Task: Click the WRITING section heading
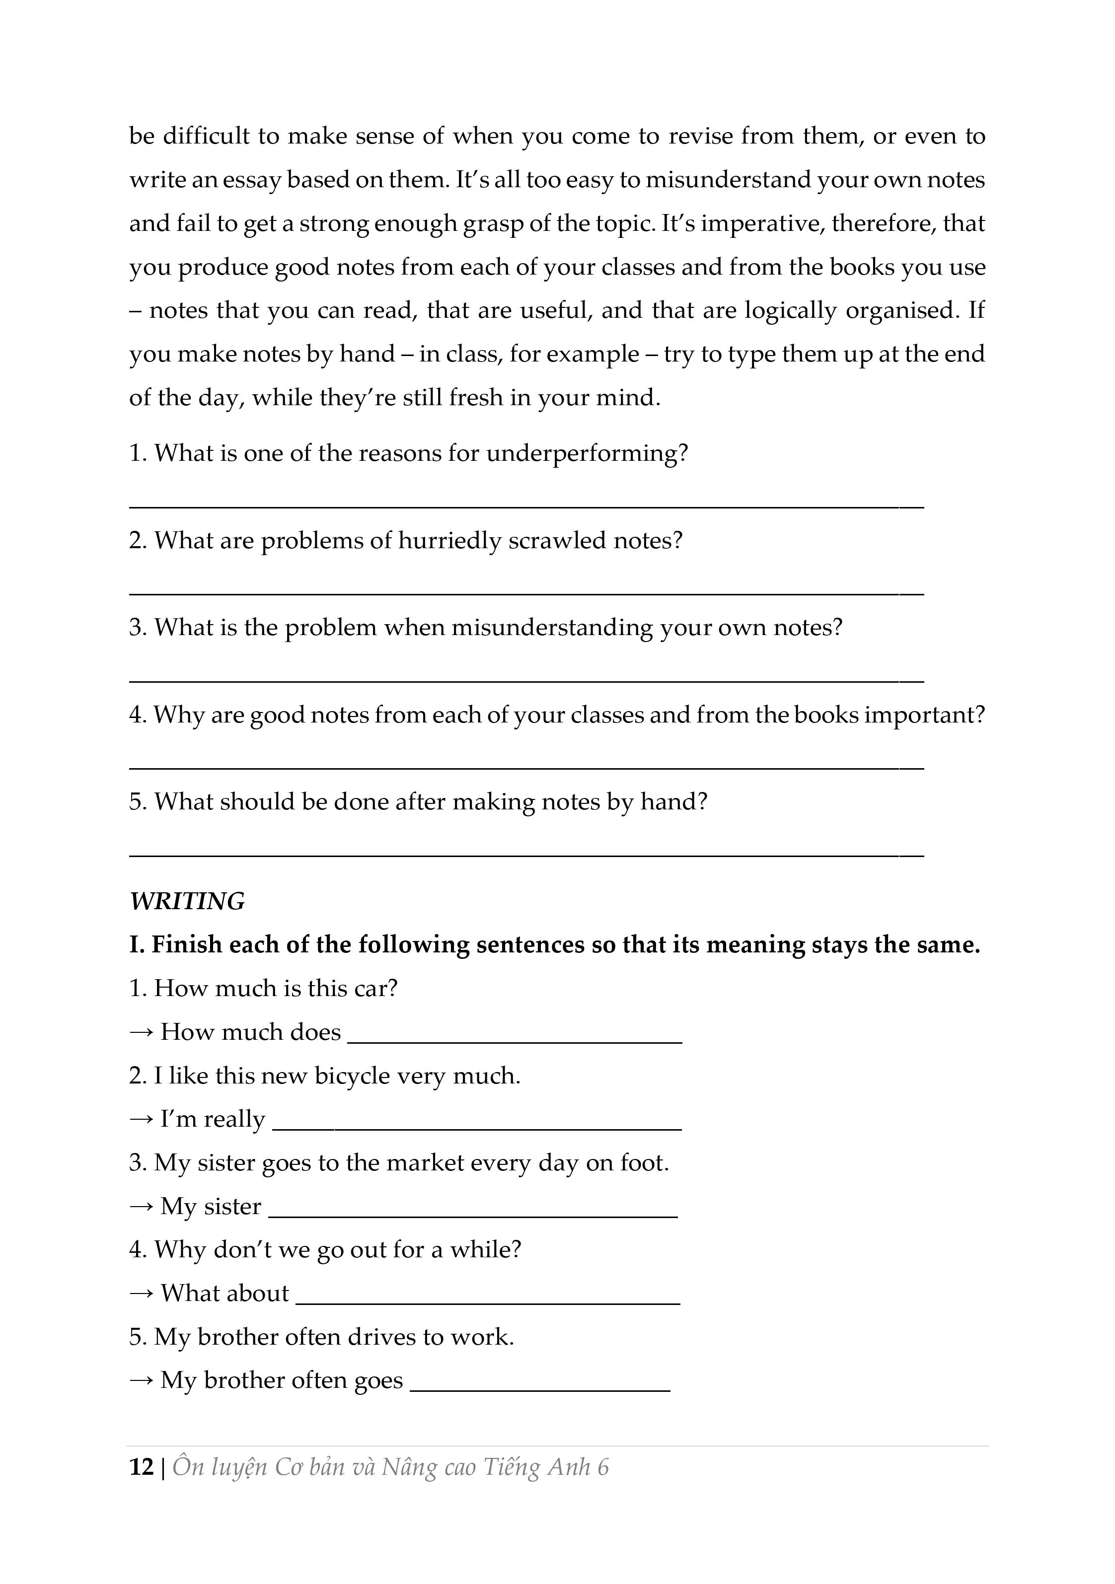pos(187,902)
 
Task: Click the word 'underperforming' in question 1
pos(587,453)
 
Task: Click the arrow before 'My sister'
pos(142,1207)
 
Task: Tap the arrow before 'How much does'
pos(142,1033)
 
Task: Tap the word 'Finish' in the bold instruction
pos(186,944)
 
